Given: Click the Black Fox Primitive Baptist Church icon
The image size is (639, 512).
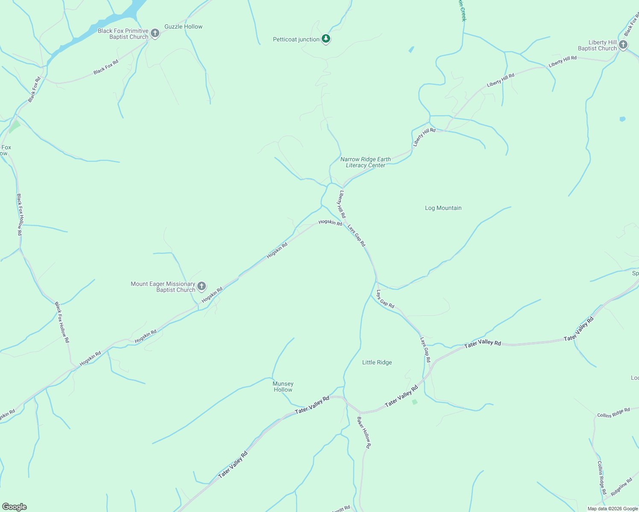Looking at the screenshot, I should pos(155,33).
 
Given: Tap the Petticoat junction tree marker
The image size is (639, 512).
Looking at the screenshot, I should pos(326,39).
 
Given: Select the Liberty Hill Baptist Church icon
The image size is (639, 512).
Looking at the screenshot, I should pos(623,44).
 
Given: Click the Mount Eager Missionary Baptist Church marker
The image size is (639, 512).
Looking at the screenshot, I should pos(202,286).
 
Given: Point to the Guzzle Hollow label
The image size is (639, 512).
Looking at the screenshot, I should pos(183,26).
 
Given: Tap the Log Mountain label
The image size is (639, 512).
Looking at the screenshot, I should pos(443,208).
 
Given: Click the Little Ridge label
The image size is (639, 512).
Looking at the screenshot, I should pos(377,363).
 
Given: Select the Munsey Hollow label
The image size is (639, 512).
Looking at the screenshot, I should pos(283,387).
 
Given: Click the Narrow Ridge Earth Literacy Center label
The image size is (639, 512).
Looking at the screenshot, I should pos(366,162).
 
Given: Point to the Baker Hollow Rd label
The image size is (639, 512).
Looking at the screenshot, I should pos(364,432).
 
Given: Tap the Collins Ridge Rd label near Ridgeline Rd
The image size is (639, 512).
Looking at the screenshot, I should pos(602,477).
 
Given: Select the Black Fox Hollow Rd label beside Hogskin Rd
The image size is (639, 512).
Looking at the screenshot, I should pos(62,322).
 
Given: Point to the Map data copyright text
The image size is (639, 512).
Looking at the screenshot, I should pos(613,509).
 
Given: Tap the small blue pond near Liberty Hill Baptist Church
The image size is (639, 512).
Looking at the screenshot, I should pos(622,119).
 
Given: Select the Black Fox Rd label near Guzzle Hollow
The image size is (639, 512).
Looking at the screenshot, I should pos(106,67).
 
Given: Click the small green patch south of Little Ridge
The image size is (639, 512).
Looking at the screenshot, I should pos(414,402).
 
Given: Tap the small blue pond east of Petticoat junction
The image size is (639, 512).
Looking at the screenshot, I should pos(411,49).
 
